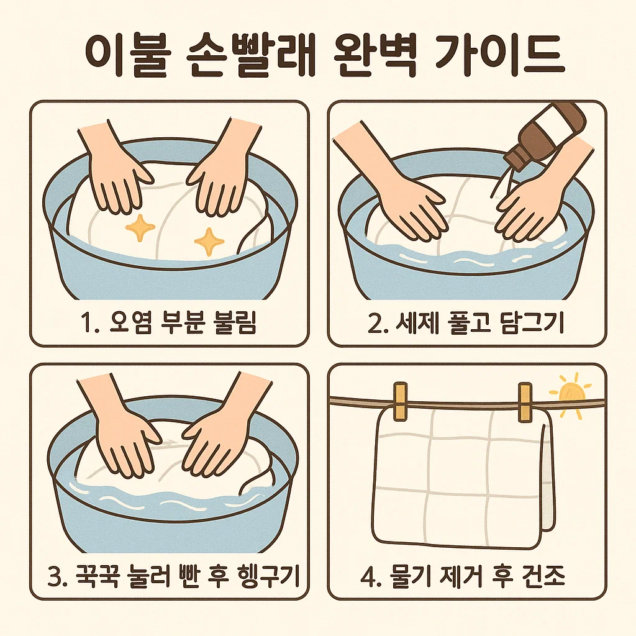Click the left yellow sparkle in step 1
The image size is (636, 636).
(x=140, y=228)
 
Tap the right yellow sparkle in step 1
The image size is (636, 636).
(x=209, y=242)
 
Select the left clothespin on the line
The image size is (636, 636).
(x=401, y=401)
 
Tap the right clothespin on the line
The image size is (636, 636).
(x=525, y=402)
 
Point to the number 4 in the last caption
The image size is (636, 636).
(x=368, y=576)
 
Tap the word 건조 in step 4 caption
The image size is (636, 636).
(x=542, y=576)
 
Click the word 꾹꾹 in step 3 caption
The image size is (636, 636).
(x=98, y=576)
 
